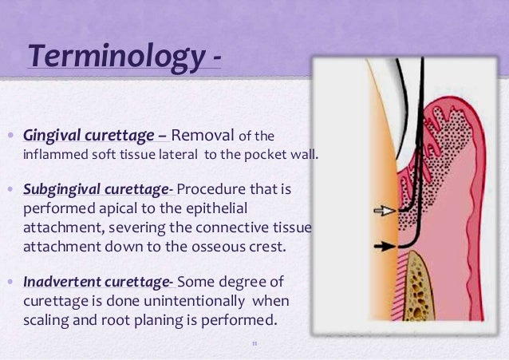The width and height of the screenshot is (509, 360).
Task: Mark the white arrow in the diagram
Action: (x=385, y=211)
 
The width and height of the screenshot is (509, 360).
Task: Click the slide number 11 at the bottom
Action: (x=254, y=345)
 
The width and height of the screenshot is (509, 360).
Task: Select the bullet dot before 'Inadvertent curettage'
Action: (x=10, y=283)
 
